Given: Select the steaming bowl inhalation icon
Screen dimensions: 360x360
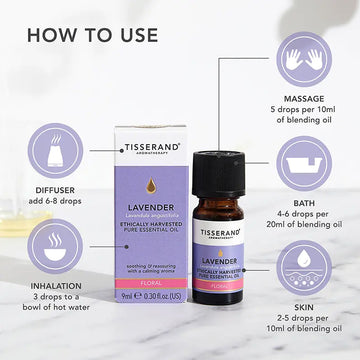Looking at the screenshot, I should pos(51,246).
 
